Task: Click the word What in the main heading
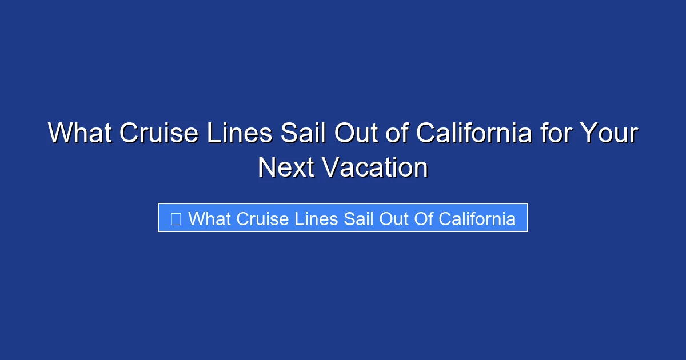coord(79,134)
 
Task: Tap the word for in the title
coord(558,134)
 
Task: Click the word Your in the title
coord(609,134)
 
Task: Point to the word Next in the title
coord(285,168)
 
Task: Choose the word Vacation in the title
coord(374,168)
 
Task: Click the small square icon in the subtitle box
coord(176,218)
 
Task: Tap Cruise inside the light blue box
coord(263,218)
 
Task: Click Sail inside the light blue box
coord(360,218)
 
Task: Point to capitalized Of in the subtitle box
coord(425,218)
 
